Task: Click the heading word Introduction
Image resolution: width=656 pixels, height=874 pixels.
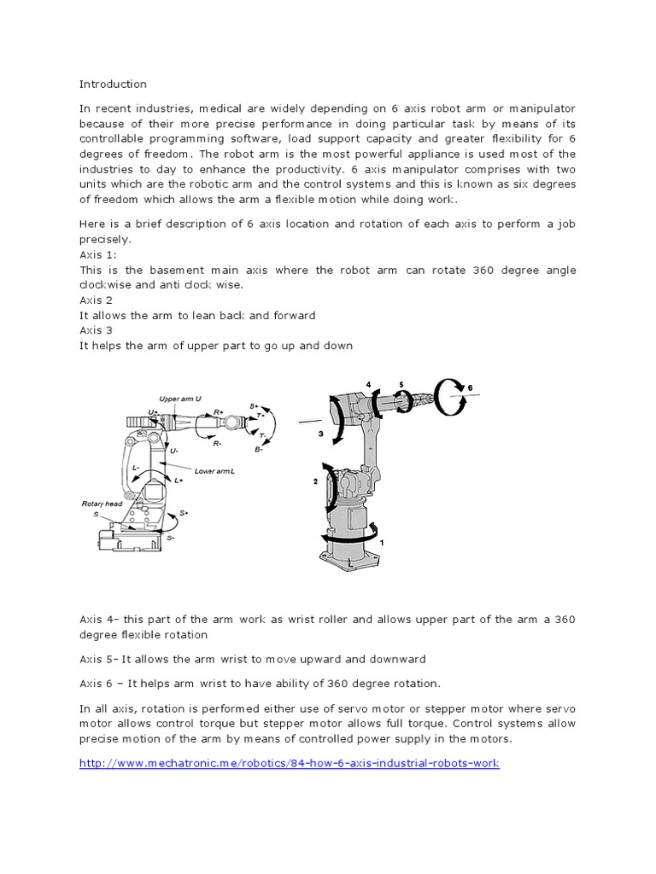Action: click(113, 84)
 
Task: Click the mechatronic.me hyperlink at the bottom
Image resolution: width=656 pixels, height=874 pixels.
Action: click(289, 763)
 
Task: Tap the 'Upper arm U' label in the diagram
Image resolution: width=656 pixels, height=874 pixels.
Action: click(180, 399)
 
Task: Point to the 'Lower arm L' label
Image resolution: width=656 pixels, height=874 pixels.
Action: click(215, 470)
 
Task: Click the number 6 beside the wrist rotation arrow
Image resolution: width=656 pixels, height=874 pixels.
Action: click(469, 388)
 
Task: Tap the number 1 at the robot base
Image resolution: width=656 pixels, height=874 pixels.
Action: click(382, 542)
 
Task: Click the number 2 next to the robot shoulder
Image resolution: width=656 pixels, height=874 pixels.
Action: click(315, 482)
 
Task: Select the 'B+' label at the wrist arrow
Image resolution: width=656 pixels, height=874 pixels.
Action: click(255, 406)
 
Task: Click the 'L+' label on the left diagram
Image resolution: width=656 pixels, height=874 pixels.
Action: click(179, 481)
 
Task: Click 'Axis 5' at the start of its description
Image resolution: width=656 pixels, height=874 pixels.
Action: click(98, 659)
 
